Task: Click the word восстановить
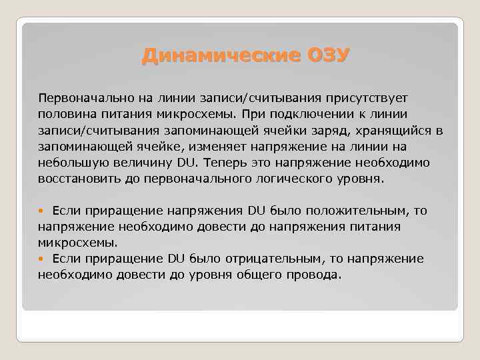[x=75, y=179]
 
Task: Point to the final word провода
[x=314, y=275]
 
